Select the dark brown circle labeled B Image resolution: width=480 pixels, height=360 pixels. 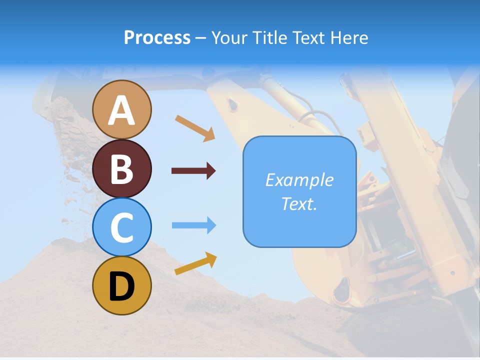(x=122, y=168)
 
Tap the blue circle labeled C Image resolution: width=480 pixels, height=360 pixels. (x=122, y=227)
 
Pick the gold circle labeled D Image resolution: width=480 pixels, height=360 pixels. (x=122, y=285)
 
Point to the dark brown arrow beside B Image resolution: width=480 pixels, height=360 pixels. (x=193, y=171)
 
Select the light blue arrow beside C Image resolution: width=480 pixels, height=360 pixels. (x=194, y=225)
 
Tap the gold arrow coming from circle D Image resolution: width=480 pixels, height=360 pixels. (x=195, y=263)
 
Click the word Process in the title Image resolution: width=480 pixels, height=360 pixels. (x=157, y=38)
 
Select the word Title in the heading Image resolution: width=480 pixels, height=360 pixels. (x=270, y=38)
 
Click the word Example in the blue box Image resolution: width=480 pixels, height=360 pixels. (x=299, y=180)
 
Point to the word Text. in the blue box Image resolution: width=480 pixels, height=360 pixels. (x=299, y=204)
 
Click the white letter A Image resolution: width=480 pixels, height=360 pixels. (x=122, y=110)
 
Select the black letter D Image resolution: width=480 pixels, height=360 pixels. (x=122, y=286)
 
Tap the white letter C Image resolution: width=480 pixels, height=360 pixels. (x=122, y=228)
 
